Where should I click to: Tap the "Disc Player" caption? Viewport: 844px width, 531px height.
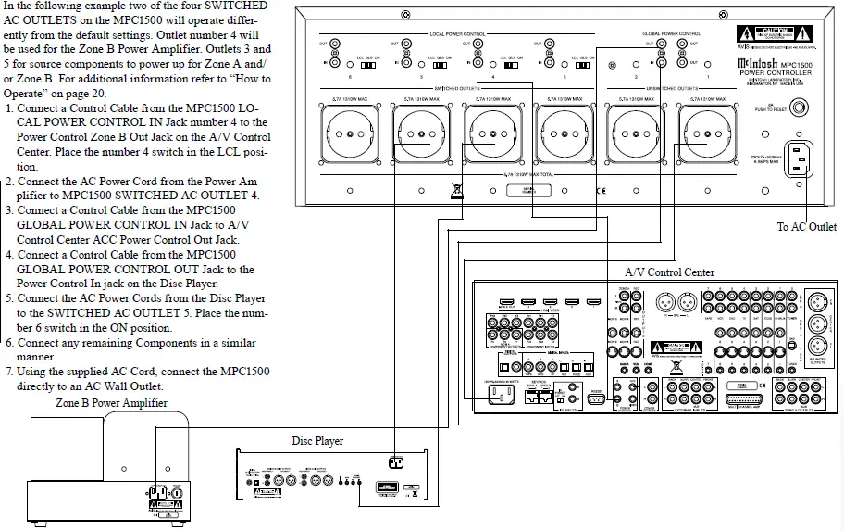(x=316, y=441)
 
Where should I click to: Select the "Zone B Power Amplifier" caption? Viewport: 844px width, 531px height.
(x=112, y=403)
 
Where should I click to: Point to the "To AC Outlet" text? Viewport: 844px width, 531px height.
(x=806, y=227)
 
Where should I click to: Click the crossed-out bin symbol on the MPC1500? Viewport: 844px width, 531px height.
(x=455, y=193)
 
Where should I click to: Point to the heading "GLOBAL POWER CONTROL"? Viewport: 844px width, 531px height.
(x=671, y=33)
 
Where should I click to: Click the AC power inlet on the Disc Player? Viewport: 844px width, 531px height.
(x=395, y=463)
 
